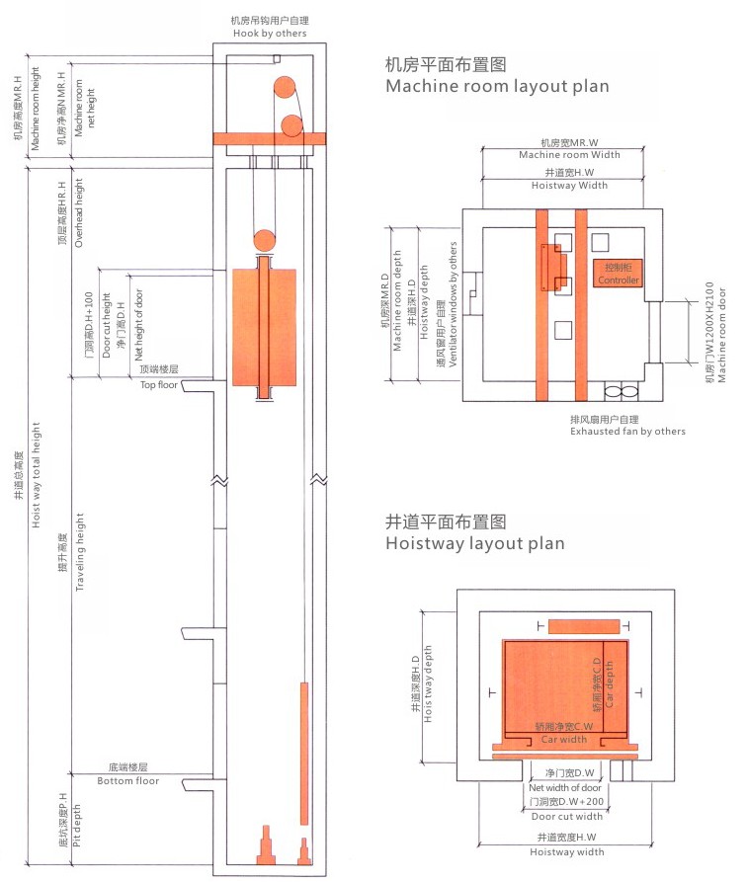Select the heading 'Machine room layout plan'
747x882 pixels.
coord(497,86)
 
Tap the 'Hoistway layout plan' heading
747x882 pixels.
coord(475,543)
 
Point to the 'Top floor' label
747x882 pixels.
coord(158,384)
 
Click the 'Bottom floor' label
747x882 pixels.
coord(128,781)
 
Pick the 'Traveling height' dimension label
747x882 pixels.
coord(78,553)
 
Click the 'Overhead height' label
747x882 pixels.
coord(78,211)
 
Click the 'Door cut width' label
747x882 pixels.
coord(566,816)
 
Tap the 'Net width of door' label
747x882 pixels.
coord(566,787)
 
